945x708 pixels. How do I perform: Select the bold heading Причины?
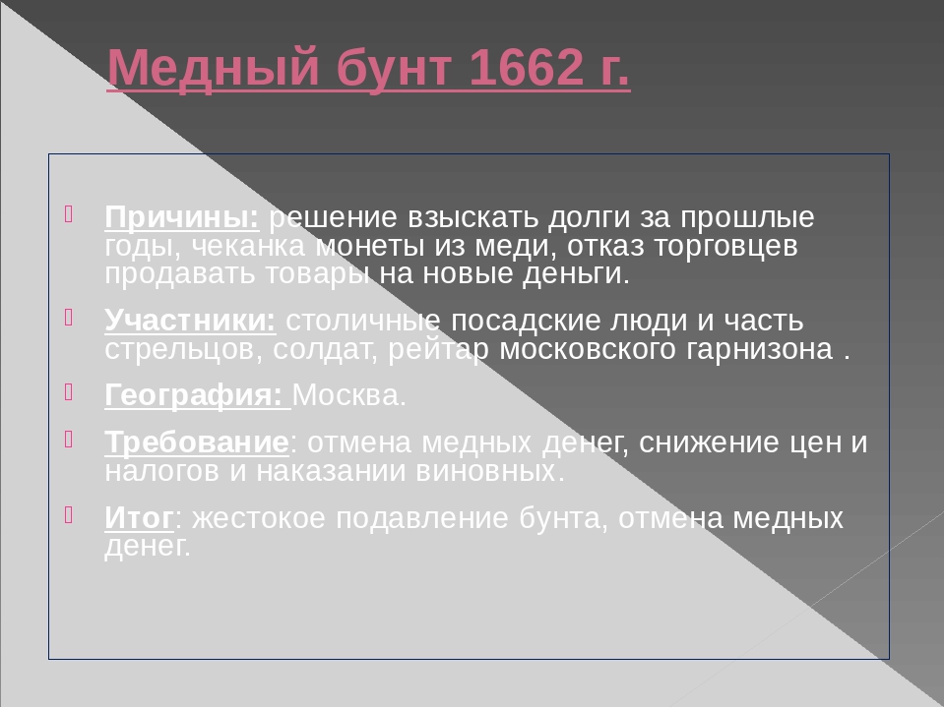click(182, 217)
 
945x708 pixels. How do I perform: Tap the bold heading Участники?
click(190, 320)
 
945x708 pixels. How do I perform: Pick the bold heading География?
click(194, 395)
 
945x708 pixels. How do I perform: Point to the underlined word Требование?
click(197, 442)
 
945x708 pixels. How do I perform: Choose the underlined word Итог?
click(139, 517)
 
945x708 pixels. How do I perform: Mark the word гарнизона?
click(759, 350)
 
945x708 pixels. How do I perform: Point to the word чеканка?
click(249, 246)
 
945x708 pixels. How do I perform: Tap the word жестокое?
click(259, 518)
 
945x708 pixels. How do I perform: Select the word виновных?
click(490, 471)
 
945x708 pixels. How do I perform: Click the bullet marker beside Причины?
click(69, 213)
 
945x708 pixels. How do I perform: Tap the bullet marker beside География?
click(69, 392)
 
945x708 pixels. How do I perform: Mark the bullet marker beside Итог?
click(69, 514)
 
